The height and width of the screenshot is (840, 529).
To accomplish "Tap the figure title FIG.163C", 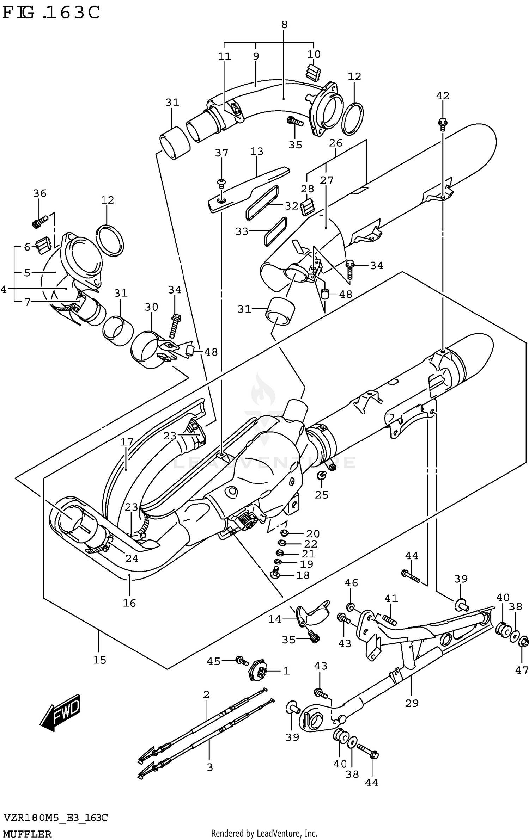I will [x=51, y=13].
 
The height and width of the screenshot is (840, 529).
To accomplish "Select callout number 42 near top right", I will [x=443, y=95].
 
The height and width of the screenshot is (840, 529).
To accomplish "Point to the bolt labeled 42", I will [x=442, y=123].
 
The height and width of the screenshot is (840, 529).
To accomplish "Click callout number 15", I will [x=99, y=660].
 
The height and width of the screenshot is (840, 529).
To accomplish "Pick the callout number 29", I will [x=412, y=703].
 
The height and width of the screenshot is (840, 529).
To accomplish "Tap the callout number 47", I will [x=522, y=670].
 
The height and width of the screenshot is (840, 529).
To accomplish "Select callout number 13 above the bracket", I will [x=257, y=151].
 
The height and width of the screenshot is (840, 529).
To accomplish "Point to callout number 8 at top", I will [x=285, y=25].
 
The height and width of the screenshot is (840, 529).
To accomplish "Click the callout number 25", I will [x=322, y=495].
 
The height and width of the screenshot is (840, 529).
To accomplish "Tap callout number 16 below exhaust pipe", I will [x=129, y=603].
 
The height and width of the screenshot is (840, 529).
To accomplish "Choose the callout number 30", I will [x=151, y=307].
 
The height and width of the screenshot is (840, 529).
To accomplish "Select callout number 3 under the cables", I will [x=209, y=767].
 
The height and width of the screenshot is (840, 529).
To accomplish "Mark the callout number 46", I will [x=351, y=582].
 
